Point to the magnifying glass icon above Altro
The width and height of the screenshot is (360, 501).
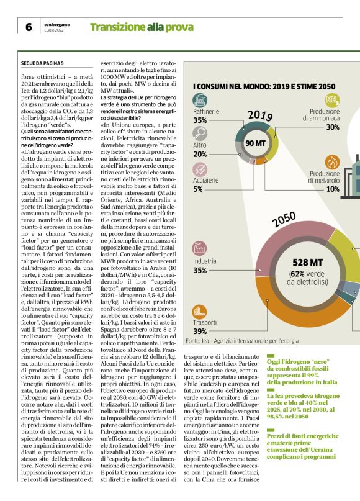click(x=200, y=134)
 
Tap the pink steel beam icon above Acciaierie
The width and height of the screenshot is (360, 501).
click(x=200, y=169)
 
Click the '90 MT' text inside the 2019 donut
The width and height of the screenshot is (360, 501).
click(x=255, y=143)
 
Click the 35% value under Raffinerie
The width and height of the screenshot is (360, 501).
click(x=200, y=120)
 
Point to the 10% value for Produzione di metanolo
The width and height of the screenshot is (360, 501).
click(x=333, y=189)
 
